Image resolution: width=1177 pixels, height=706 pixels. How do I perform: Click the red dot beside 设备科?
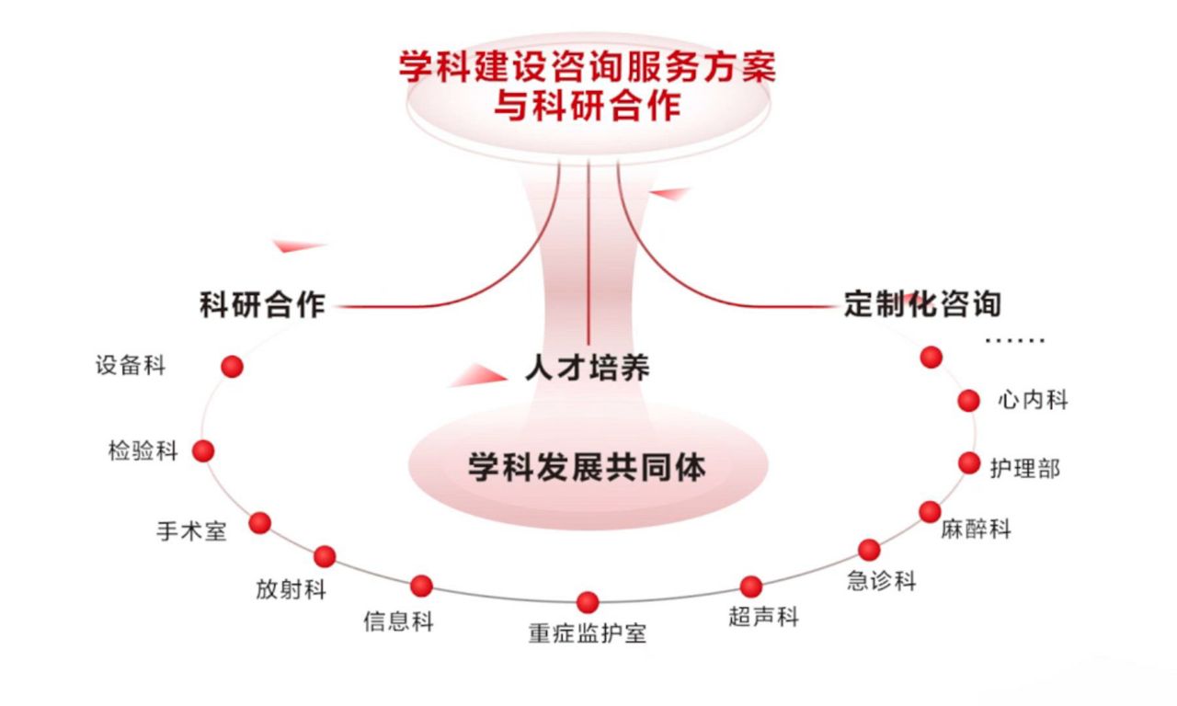click(233, 367)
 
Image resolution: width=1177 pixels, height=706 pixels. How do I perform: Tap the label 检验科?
click(143, 451)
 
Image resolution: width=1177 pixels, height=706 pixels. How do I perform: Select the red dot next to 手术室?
click(260, 523)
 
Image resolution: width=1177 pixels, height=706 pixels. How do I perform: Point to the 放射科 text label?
click(291, 588)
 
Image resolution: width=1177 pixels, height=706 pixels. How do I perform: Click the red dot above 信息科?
click(422, 586)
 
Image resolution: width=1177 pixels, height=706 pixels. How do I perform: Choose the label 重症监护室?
click(587, 633)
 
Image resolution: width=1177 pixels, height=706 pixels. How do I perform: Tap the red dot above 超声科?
click(751, 586)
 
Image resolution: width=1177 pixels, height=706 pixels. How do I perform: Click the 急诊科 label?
click(882, 581)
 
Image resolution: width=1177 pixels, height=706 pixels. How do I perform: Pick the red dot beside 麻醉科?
click(931, 511)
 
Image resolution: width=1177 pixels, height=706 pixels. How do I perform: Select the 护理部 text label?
click(1024, 468)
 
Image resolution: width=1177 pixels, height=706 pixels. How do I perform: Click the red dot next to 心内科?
click(968, 400)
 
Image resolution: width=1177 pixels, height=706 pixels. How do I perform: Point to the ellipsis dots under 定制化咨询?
click(1015, 341)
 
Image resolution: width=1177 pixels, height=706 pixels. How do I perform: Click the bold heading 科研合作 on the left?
click(262, 305)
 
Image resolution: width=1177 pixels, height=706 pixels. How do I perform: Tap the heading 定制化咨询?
click(922, 303)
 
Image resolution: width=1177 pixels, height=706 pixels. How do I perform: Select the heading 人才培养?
click(587, 368)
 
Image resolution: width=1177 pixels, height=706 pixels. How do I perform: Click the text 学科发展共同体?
click(587, 467)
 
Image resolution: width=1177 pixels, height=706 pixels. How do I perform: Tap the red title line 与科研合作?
click(587, 107)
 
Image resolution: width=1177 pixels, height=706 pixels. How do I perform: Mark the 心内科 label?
click(1033, 400)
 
